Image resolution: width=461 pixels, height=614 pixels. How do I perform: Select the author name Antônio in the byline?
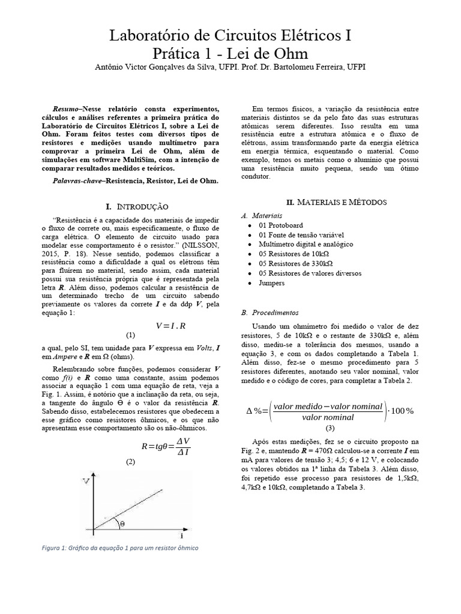tap(113, 67)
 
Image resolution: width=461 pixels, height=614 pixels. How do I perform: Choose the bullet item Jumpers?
tap(272, 282)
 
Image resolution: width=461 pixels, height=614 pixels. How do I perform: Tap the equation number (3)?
tap(330, 428)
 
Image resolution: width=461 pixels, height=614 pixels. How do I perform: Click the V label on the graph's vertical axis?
tap(87, 481)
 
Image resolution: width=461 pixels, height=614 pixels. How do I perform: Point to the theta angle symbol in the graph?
tap(122, 523)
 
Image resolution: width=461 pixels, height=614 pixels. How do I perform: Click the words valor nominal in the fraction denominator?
tap(327, 417)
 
